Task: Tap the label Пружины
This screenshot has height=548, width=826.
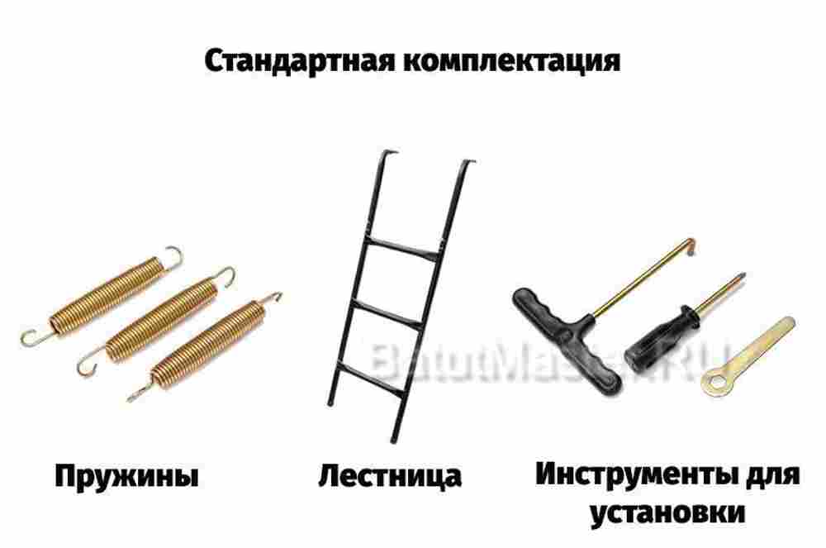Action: click(x=127, y=477)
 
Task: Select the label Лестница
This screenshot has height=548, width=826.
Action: click(x=390, y=477)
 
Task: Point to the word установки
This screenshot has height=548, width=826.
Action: click(x=667, y=513)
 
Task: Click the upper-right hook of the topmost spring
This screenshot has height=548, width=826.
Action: click(x=175, y=255)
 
